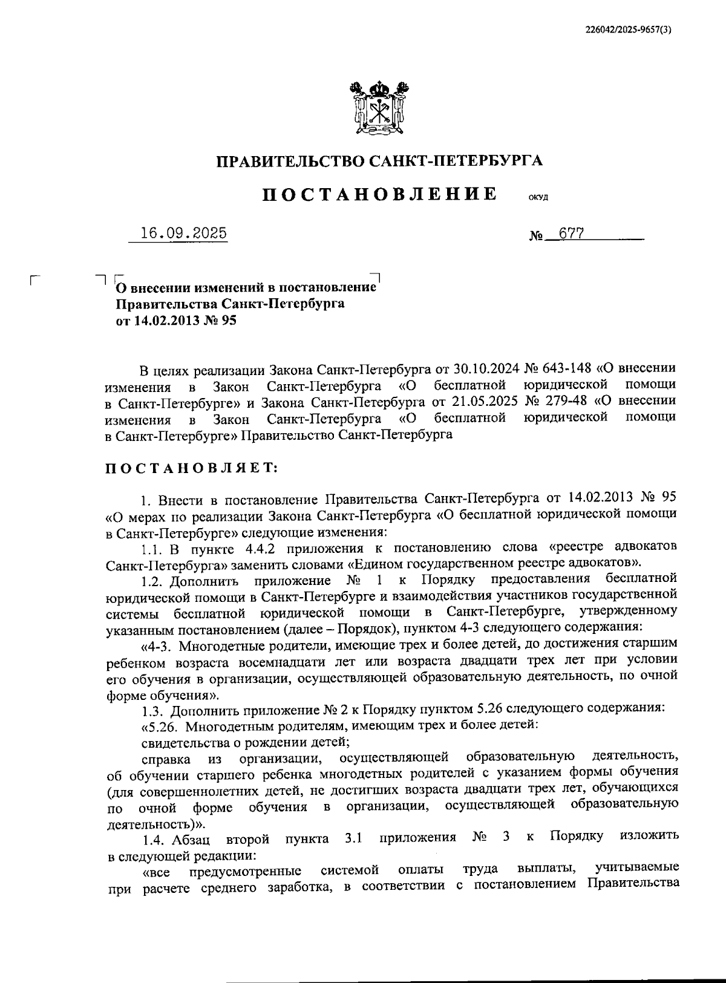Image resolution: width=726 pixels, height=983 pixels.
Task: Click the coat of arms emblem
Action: point(378,108)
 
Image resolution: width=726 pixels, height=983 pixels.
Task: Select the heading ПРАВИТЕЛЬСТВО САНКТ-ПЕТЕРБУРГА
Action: point(379,161)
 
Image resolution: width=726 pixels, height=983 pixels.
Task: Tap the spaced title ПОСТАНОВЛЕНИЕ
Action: point(379,194)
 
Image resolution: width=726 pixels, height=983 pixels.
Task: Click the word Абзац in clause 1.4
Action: point(190,838)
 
